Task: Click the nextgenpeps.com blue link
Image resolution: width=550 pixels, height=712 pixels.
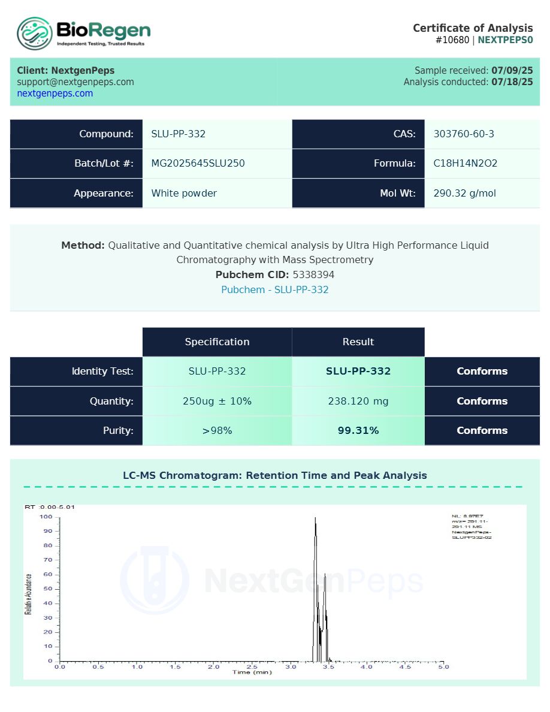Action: pyautogui.click(x=55, y=93)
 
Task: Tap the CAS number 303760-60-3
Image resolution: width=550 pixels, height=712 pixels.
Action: pyautogui.click(x=464, y=134)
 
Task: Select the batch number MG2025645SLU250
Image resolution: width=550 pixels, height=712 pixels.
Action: pyautogui.click(x=198, y=164)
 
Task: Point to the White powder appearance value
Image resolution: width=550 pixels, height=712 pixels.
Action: pyautogui.click(x=184, y=193)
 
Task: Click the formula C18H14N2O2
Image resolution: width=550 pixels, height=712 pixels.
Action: pyautogui.click(x=466, y=164)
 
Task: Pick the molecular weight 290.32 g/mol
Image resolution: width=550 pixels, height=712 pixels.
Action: pyautogui.click(x=464, y=193)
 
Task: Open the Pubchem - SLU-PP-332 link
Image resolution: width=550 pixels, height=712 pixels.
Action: pyautogui.click(x=275, y=289)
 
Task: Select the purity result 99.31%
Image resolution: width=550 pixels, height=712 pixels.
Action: pyautogui.click(x=358, y=430)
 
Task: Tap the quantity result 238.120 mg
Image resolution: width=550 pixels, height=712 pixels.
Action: pyautogui.click(x=358, y=401)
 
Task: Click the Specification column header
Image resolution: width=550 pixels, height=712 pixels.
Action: pyautogui.click(x=217, y=342)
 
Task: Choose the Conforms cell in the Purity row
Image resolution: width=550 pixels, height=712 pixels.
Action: pyautogui.click(x=482, y=430)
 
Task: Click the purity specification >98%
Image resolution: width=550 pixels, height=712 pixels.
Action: pyautogui.click(x=217, y=430)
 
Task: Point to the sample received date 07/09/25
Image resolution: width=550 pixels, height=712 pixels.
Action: pyautogui.click(x=512, y=70)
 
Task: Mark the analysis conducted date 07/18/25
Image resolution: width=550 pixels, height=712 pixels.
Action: pyautogui.click(x=512, y=82)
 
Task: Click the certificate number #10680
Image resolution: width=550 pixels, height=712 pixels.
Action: pyautogui.click(x=452, y=40)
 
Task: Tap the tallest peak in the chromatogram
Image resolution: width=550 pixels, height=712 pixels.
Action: pyautogui.click(x=315, y=519)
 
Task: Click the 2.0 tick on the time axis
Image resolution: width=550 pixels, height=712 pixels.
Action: pyautogui.click(x=214, y=666)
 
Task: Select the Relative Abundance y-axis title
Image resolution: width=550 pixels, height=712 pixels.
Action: pyautogui.click(x=28, y=593)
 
